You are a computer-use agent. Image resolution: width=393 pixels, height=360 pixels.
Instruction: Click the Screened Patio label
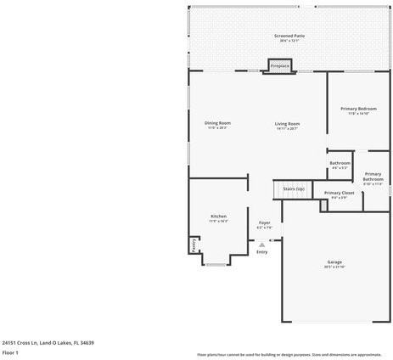289,36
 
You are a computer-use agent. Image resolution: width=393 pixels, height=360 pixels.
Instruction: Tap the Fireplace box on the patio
279,66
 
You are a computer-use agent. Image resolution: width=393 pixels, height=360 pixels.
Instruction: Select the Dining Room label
217,123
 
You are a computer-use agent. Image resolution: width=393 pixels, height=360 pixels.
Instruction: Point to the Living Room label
287,124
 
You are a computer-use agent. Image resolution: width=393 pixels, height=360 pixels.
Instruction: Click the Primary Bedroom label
358,109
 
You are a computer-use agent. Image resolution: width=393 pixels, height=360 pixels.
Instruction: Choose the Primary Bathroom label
373,177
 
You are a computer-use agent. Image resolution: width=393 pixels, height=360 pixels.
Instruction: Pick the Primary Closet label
340,193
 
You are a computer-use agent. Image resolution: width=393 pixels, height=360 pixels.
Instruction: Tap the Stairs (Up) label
294,188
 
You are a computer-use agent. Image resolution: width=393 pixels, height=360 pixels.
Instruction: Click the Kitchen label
218,217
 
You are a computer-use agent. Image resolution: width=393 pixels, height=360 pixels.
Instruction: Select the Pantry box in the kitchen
194,245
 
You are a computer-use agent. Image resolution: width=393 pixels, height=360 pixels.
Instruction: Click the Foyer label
264,222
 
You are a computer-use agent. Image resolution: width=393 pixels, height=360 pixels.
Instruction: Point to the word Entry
261,251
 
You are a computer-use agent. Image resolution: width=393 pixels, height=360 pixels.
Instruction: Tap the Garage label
334,262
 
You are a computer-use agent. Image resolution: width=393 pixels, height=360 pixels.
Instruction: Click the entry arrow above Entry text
261,243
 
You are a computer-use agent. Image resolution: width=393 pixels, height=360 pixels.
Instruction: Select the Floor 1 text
11,352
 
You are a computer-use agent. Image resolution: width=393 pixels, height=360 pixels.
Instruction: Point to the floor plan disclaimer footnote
289,354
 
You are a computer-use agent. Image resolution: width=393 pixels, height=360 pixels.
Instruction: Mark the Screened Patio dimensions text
289,41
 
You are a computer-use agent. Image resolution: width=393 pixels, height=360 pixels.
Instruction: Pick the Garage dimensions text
334,267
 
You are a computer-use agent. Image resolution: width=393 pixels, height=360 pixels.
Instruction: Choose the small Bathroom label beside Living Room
340,163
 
